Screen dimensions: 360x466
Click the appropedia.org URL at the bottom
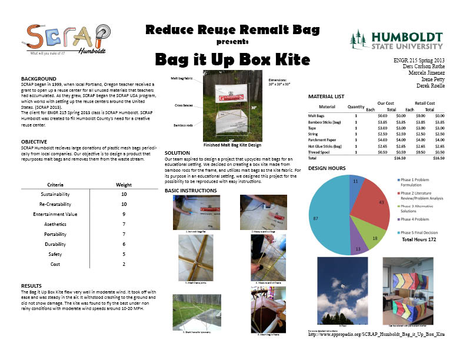pos(377,335)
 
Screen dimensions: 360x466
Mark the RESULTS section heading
pos(32,285)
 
